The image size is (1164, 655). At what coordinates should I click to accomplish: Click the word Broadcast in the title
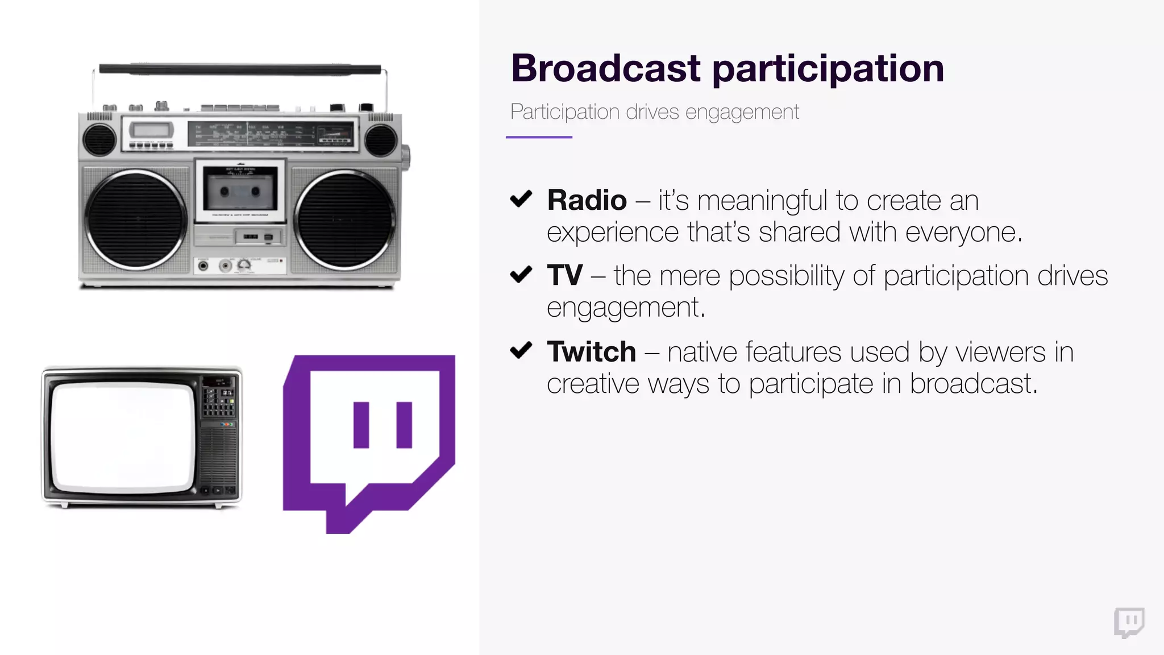click(x=605, y=68)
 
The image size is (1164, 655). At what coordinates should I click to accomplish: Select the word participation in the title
click(x=828, y=69)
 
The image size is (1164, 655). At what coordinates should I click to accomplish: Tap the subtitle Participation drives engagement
click(x=654, y=111)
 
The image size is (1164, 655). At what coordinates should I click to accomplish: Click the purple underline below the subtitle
click(x=539, y=137)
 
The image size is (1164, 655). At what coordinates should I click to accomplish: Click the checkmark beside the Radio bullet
click(x=521, y=199)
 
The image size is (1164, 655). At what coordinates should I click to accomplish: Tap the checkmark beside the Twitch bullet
click(x=521, y=350)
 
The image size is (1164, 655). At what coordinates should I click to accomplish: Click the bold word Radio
click(x=587, y=200)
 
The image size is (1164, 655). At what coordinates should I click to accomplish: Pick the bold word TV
click(x=564, y=275)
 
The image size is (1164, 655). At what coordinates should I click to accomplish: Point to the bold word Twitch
click(x=591, y=351)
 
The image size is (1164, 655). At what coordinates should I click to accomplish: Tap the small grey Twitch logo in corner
click(x=1129, y=623)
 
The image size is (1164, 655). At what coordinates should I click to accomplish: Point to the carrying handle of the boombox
click(x=240, y=69)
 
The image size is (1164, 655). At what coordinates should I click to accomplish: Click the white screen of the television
click(x=122, y=437)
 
